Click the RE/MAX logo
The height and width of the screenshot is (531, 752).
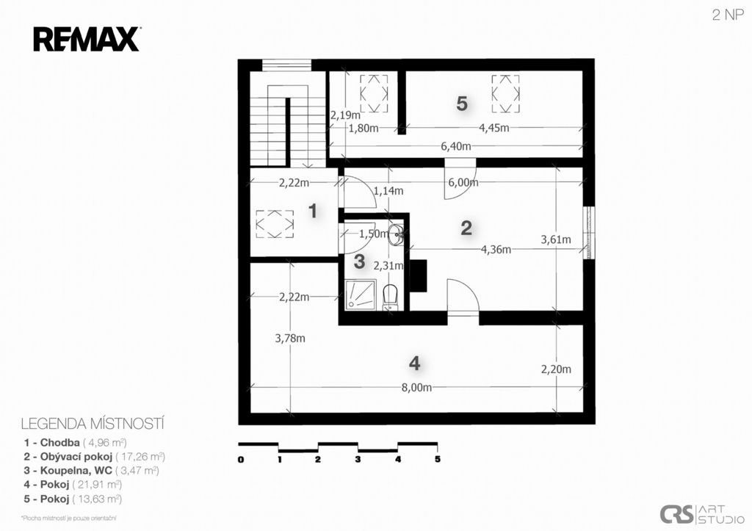point(87,40)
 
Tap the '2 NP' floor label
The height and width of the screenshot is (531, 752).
point(728,15)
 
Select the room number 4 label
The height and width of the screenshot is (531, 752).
point(415,363)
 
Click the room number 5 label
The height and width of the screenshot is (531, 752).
point(462,103)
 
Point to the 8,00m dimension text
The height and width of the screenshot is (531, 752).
point(416,388)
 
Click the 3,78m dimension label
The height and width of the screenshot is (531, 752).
point(289,338)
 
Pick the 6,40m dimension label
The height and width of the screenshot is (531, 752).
point(455,146)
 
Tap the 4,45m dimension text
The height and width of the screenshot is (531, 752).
point(494,128)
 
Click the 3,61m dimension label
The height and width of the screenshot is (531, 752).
point(556,239)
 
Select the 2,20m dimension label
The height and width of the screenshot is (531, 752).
point(556,369)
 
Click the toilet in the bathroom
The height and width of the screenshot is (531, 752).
point(391,297)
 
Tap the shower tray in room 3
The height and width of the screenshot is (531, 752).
point(360,294)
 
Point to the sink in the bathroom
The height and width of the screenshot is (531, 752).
point(396,234)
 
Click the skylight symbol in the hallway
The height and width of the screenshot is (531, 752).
point(275,224)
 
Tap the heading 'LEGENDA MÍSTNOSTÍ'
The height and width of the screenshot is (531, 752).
point(93,424)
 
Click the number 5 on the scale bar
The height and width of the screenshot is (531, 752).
point(438,459)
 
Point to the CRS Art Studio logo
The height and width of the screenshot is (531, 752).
point(701,515)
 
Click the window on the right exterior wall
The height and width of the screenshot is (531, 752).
point(589,233)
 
